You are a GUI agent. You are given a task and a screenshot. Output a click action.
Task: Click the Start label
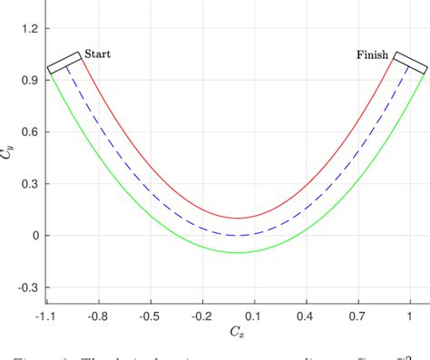coord(97,54)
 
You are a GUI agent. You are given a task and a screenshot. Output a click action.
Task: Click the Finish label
coord(372,55)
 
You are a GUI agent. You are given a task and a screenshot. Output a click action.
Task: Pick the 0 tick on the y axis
coord(34,235)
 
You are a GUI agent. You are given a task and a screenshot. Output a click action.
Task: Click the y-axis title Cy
coord(8,152)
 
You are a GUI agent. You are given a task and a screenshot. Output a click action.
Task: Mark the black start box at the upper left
coord(64,63)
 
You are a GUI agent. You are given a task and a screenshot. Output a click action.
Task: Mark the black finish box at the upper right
coord(409,63)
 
